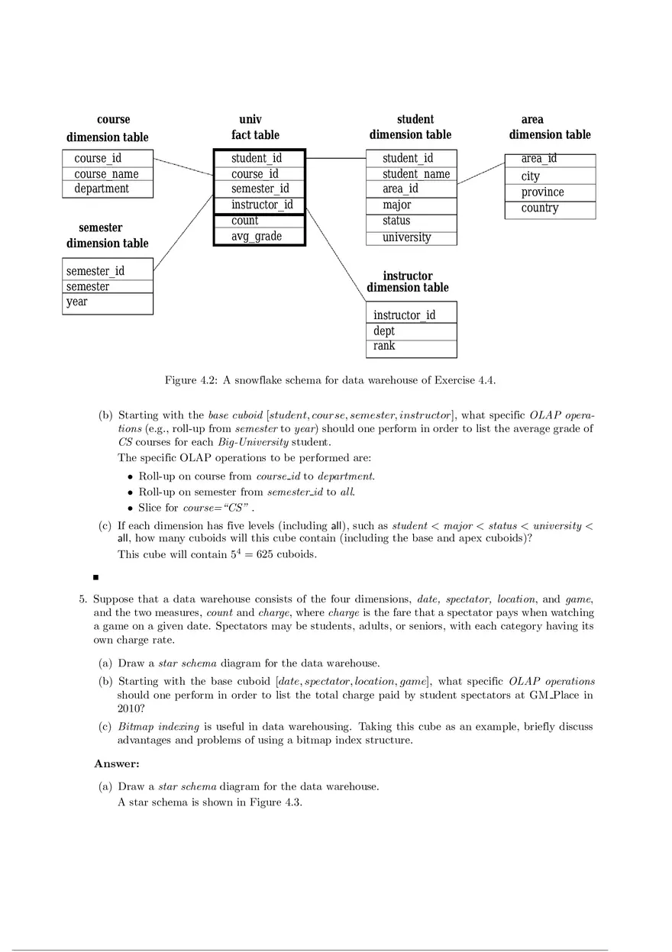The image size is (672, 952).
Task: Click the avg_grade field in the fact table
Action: (257, 237)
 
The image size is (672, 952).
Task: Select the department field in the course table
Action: (102, 189)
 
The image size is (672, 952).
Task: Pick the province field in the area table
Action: (542, 192)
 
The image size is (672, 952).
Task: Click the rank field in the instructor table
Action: (384, 346)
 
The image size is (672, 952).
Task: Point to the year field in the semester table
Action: (77, 302)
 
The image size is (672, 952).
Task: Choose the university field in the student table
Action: (406, 237)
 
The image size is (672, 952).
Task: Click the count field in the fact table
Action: (245, 221)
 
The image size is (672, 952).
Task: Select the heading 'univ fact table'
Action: (255, 127)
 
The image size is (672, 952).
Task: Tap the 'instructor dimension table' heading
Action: (408, 282)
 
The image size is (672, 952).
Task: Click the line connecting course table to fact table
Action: (183, 166)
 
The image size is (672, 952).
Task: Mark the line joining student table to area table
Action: (480, 173)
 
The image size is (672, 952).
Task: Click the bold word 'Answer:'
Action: (117, 764)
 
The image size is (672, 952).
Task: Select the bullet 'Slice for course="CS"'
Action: (195, 508)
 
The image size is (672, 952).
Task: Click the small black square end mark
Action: (95, 578)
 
